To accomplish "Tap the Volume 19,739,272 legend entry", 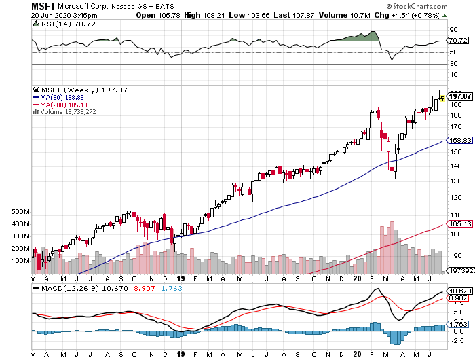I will [67, 112].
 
